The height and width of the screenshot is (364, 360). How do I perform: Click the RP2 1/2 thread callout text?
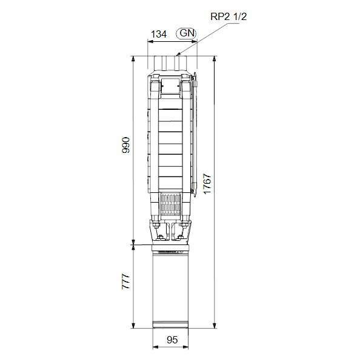click(228, 16)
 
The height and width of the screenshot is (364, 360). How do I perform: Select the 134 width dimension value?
click(159, 34)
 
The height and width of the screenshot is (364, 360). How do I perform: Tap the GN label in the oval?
click(187, 33)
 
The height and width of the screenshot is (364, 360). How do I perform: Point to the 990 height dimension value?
click(125, 145)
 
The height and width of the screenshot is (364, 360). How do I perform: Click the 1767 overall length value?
click(207, 184)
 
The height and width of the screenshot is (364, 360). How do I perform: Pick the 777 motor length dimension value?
click(125, 281)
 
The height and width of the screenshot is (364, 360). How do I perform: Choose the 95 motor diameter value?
click(172, 340)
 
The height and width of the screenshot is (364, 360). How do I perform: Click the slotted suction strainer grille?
click(170, 205)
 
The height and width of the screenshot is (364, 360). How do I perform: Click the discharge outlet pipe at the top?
click(170, 63)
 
